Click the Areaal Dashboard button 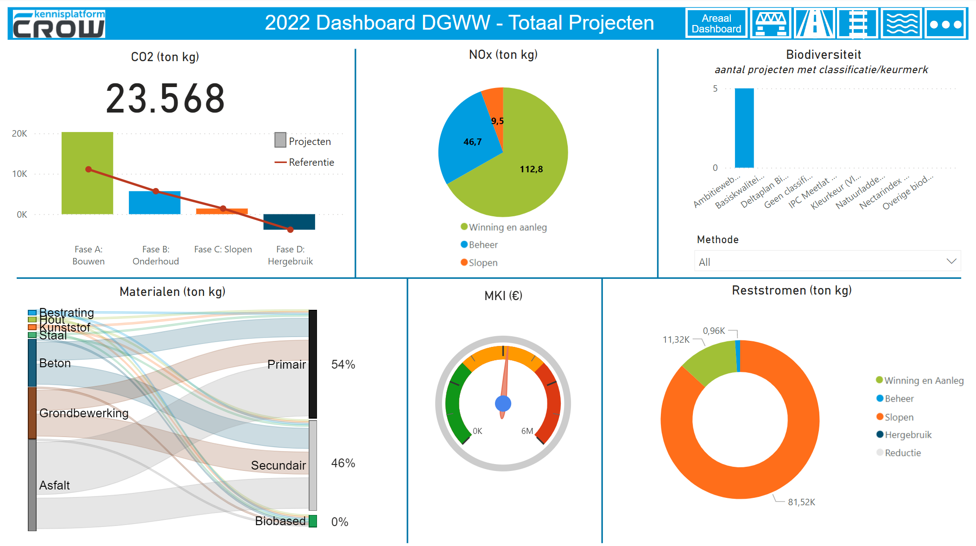pos(716,24)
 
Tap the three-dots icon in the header pos(945,24)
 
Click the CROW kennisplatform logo pos(59,24)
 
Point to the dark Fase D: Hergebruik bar pos(289,221)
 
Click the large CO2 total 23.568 pos(165,99)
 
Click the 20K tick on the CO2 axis pos(19,134)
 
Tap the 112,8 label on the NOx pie pos(531,169)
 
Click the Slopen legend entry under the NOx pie pos(482,263)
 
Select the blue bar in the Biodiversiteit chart pos(744,128)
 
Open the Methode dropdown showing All pos(827,262)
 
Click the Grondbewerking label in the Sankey pos(84,413)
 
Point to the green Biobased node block pos(313,521)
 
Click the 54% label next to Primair pos(343,364)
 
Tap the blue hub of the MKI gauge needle pos(503,403)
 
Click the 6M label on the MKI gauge pos(527,431)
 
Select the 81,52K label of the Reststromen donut pos(801,502)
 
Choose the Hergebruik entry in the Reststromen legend pos(907,435)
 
